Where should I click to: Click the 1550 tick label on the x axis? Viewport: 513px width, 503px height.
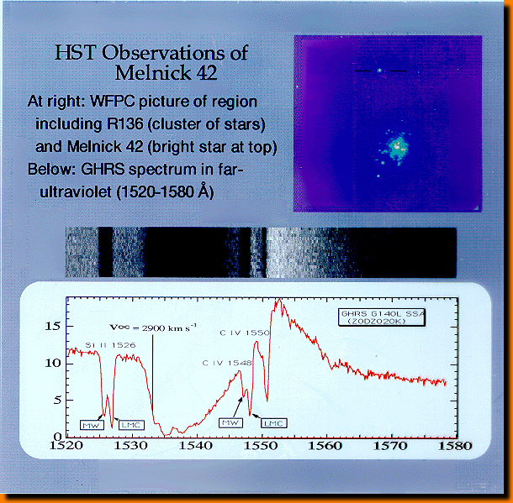261,446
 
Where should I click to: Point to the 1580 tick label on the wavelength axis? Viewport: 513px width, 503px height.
455,446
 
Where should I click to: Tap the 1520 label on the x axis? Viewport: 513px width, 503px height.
66,446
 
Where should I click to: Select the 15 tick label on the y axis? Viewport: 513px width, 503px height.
53,326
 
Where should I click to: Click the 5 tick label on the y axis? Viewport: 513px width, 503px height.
57,400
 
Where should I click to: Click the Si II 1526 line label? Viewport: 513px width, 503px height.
110,345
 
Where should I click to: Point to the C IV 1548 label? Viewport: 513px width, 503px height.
227,364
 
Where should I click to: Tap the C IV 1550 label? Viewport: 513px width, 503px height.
245,333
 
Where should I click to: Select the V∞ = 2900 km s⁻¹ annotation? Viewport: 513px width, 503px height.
153,327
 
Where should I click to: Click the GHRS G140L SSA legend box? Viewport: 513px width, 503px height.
382,317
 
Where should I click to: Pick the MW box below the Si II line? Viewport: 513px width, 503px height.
92,425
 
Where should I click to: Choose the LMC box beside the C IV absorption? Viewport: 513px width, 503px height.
274,423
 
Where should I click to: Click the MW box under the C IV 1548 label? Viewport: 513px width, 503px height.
230,422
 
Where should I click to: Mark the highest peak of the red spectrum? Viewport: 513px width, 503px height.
279,299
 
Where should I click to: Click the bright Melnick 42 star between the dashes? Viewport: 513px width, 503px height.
379,70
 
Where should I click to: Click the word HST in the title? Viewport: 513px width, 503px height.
76,52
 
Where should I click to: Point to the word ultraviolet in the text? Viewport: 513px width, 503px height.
76,191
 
